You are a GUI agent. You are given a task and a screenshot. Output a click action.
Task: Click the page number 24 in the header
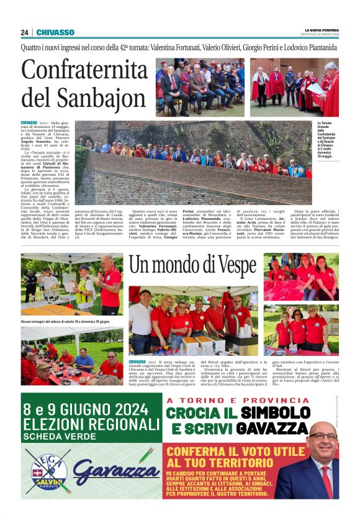24,32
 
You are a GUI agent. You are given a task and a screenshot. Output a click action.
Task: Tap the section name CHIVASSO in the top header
55,32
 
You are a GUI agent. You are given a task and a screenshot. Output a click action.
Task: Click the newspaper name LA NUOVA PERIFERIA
321,30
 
